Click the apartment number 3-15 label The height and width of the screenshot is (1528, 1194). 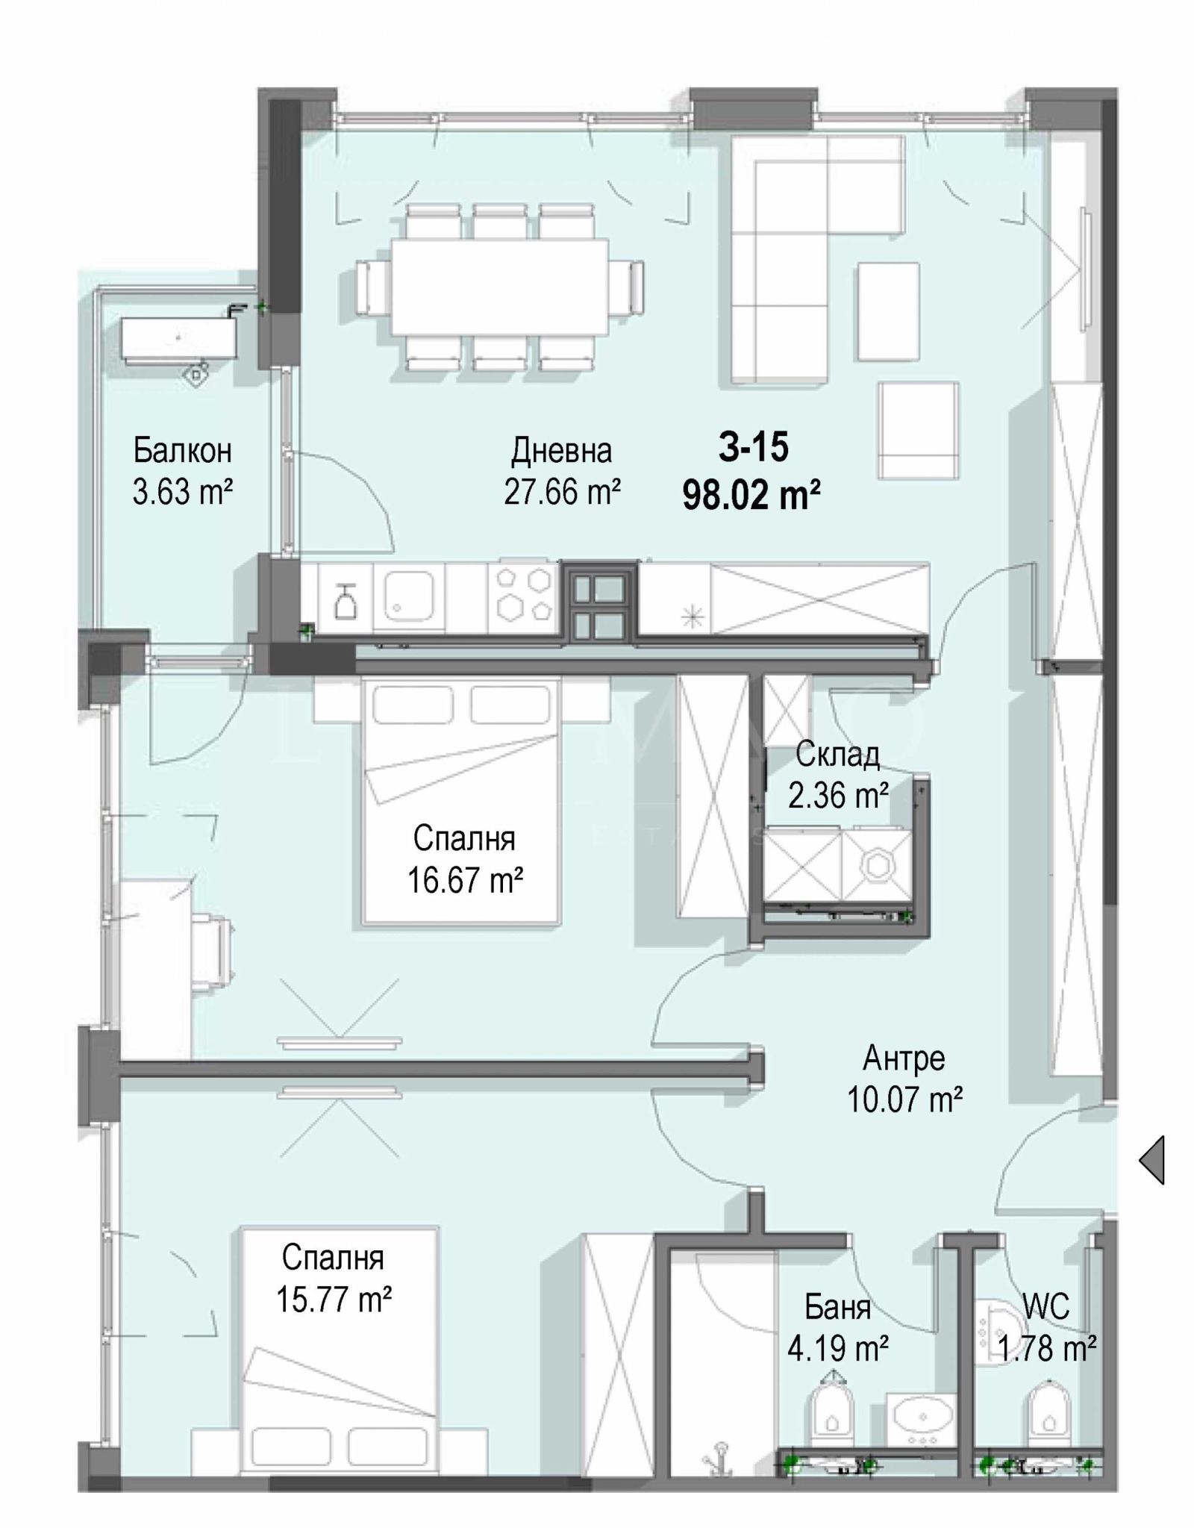pos(754,447)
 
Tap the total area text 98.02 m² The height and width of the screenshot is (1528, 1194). pos(752,494)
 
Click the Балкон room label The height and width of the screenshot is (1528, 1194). pos(183,451)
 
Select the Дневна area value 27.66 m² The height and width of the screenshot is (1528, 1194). pos(563,492)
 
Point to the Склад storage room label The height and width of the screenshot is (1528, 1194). pos(838,755)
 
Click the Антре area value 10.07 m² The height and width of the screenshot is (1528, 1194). pos(904,1100)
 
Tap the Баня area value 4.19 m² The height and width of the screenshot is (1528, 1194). pos(838,1348)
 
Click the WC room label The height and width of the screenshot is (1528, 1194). pos(1046,1306)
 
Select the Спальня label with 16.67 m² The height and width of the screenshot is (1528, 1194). pos(464,838)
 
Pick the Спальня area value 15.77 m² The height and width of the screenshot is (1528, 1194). pos(334,1299)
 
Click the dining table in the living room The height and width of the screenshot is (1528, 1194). pos(500,287)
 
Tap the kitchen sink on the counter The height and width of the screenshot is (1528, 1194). pos(408,596)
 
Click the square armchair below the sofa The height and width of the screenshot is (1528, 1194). pos(918,431)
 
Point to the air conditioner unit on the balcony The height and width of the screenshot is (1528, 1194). pos(179,341)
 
